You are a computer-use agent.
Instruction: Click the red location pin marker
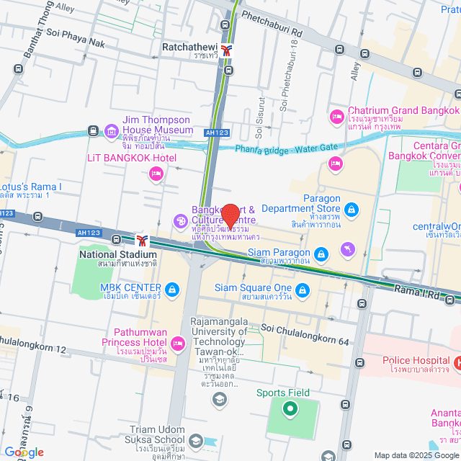[230, 216]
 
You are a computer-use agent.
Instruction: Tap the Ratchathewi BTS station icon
[228, 50]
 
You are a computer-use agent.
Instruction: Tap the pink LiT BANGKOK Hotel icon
[155, 173]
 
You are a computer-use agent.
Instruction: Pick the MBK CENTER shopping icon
[172, 290]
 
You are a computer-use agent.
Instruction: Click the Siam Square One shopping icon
[303, 290]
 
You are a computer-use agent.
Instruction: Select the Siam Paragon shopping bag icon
[322, 253]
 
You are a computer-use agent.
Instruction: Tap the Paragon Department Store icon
[351, 210]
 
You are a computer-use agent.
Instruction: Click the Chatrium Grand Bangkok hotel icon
[336, 116]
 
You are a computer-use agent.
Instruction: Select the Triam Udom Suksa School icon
[196, 440]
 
